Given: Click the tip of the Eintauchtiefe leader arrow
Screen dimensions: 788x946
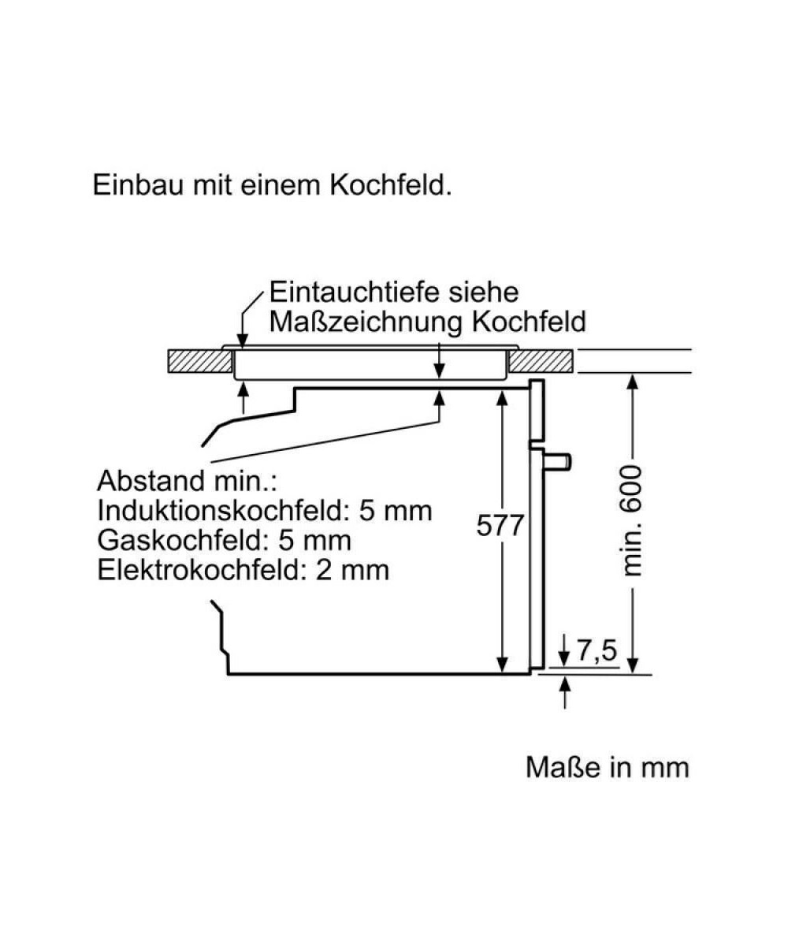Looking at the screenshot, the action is coord(243,348).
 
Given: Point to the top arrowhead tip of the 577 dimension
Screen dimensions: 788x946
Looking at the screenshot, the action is coord(501,391).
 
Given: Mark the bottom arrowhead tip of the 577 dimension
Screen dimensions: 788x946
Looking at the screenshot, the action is coord(501,672).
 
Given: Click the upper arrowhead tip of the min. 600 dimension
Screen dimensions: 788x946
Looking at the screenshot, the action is coord(633,374).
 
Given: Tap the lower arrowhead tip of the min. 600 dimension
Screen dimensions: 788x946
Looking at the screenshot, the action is coord(633,672).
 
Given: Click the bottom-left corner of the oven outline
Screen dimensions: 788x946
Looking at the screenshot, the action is coord(228,674).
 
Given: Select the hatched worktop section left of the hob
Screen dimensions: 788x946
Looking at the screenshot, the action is coord(199,361).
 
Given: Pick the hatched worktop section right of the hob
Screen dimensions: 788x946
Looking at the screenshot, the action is coord(541,361).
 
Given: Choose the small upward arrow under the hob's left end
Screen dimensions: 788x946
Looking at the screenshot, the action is coord(243,398).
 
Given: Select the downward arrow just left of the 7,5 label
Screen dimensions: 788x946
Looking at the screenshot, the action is coord(564,651).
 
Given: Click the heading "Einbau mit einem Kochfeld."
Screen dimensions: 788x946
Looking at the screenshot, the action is coord(272,185).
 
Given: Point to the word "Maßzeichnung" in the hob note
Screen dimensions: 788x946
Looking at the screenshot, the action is coord(366,322).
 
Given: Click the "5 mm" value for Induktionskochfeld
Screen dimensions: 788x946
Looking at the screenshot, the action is coord(396,511).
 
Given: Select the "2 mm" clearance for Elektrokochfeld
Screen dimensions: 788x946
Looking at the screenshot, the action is coord(352,569).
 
